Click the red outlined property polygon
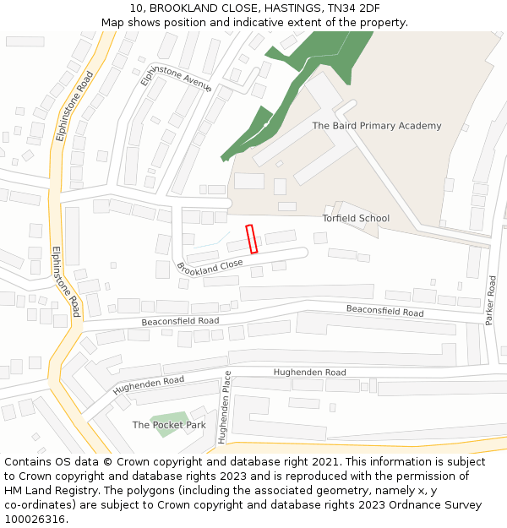click(251, 239)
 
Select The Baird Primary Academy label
click(377, 126)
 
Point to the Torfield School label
click(356, 218)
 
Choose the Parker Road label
click(492, 300)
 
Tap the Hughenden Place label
click(224, 407)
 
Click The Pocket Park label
click(169, 425)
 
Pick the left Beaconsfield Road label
click(180, 321)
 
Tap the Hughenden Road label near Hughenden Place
click(309, 372)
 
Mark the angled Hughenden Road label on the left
click(149, 384)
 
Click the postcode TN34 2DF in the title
click(350, 8)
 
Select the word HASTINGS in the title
click(278, 8)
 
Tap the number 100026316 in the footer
click(34, 520)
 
